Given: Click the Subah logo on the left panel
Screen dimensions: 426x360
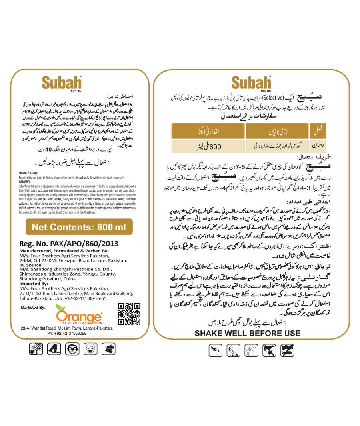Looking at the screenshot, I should pyautogui.click(x=62, y=83).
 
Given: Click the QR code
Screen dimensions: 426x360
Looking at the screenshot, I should pyautogui.click(x=129, y=314).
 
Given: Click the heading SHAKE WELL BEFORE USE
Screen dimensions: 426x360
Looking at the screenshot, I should pyautogui.click(x=247, y=333).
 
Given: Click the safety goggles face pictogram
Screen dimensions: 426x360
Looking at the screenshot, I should pyautogui.click(x=72, y=349).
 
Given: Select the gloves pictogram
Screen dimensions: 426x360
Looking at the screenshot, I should pyautogui.click(x=108, y=349).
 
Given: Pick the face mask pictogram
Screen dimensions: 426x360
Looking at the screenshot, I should pyautogui.click(x=90, y=349).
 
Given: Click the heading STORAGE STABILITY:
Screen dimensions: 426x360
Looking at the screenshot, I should pyautogui.click(x=30, y=173).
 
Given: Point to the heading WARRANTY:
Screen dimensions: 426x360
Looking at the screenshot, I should pyautogui.click(x=25, y=182).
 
